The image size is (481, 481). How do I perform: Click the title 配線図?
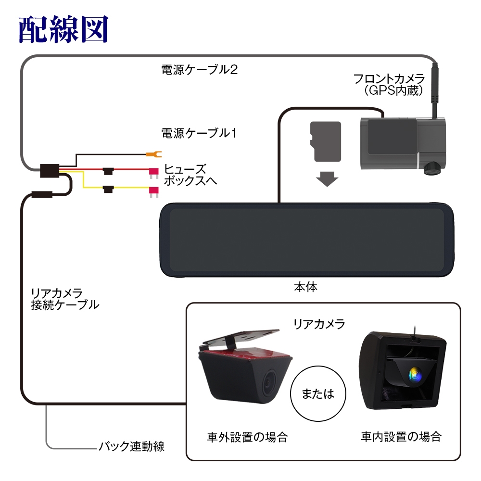pos(63,30)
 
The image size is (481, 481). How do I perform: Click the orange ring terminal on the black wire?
pos(153,154)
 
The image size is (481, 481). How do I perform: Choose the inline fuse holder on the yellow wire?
pos(108,188)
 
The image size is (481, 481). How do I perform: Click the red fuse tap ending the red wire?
pos(154,171)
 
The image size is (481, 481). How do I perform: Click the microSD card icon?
pos(327,141)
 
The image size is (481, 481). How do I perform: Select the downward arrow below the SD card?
pos(327,179)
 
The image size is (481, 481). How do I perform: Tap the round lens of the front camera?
pos(432,166)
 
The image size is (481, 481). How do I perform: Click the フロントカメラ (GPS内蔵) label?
pos(389,84)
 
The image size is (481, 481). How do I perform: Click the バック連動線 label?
pos(131,446)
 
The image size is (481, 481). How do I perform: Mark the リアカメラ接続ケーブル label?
pos(64,298)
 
